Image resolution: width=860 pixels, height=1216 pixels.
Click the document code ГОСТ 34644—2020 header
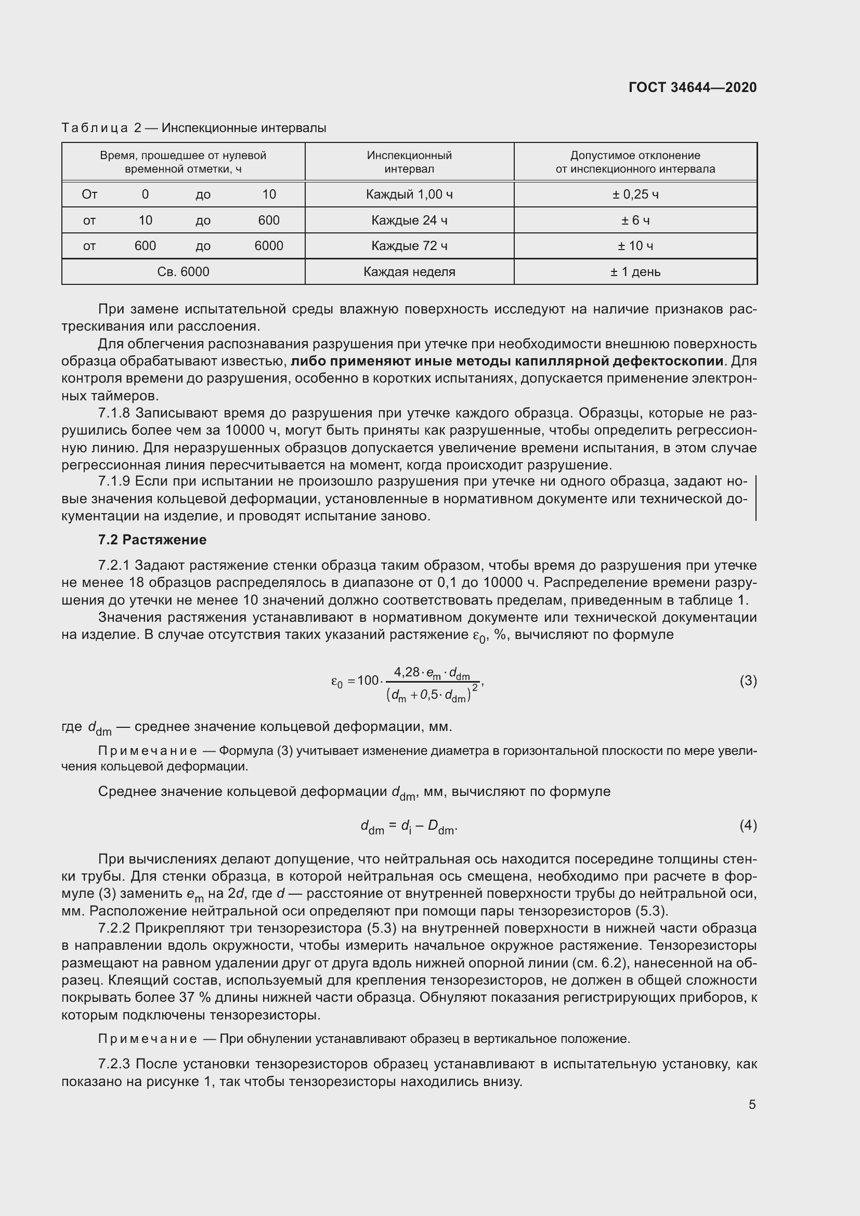pos(692,87)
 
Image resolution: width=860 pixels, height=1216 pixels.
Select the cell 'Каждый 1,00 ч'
pos(409,194)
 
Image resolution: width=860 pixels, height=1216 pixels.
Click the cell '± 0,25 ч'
pos(635,194)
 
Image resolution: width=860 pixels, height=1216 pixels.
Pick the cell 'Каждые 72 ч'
pos(409,246)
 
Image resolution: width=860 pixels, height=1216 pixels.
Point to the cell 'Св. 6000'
pos(183,272)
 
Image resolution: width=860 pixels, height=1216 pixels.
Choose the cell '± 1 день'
pos(635,272)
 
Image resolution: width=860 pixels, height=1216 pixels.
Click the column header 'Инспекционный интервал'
pos(409,162)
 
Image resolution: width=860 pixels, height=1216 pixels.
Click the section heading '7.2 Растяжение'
pos(152,540)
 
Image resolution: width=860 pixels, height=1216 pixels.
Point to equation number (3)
pos(748,681)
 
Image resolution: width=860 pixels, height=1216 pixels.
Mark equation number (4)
pos(748,825)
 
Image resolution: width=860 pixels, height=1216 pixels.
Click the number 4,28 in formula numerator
pos(406,672)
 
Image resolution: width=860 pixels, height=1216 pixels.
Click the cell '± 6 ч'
pos(635,220)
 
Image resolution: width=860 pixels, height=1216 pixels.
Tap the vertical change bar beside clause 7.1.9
pos(755,498)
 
